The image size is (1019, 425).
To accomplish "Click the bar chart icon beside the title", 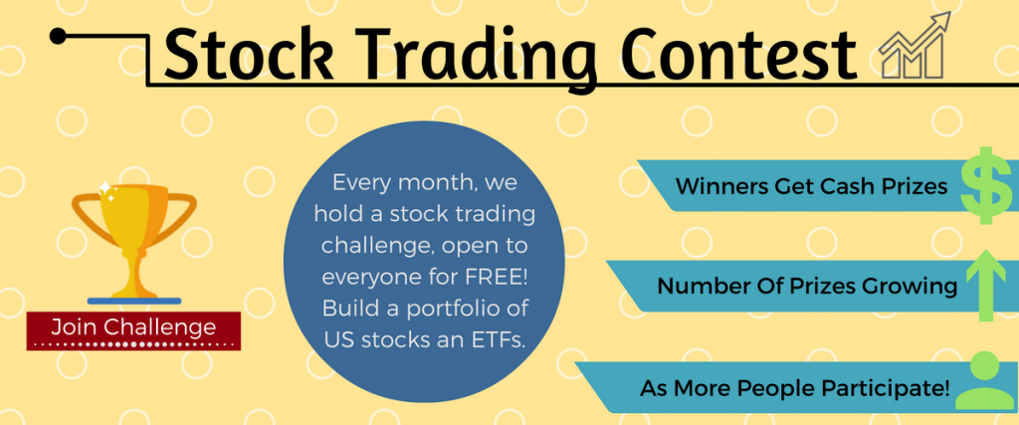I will click(913, 49).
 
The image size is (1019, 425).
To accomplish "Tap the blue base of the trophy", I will click(134, 298).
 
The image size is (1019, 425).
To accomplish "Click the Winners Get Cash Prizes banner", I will click(796, 186).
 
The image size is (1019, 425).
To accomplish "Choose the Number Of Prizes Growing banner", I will click(796, 287).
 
